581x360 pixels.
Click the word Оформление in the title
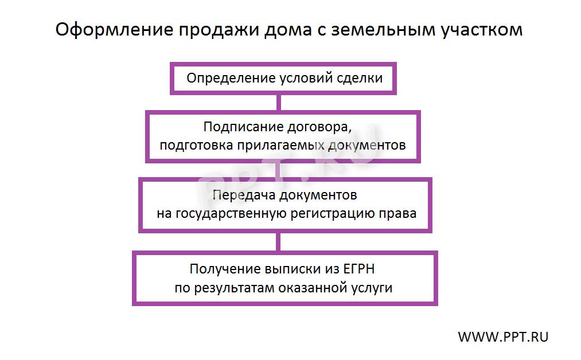click(115, 29)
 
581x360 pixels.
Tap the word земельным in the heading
click(383, 29)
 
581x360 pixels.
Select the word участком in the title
click(482, 30)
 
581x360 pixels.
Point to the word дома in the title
click(288, 30)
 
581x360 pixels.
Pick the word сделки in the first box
click(360, 79)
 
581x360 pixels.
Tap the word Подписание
click(243, 127)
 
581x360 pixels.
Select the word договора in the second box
click(319, 128)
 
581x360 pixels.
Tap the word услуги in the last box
click(372, 288)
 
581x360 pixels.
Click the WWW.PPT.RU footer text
click(503, 337)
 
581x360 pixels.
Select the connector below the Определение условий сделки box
click(279, 103)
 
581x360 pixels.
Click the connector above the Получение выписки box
click(278, 242)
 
